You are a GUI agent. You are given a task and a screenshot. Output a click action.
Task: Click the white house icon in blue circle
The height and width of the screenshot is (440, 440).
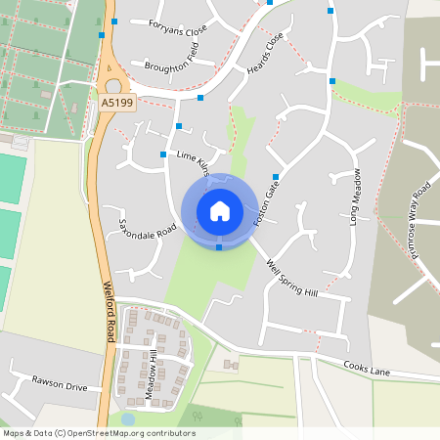click(220, 210)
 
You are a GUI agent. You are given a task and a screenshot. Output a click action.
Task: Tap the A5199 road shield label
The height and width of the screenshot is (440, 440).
click(116, 102)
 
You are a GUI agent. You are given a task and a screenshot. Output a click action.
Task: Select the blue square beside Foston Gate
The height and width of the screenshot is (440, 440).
click(276, 177)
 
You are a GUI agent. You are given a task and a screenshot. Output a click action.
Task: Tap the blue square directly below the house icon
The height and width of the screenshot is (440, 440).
click(219, 247)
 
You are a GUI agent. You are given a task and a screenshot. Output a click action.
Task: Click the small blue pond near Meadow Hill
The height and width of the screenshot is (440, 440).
click(127, 418)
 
